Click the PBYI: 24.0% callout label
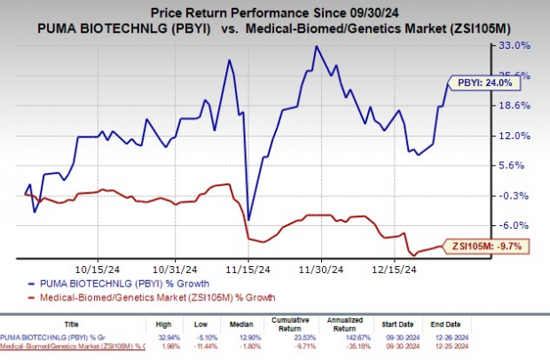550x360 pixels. click(479, 81)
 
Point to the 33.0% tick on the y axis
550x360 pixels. click(517, 44)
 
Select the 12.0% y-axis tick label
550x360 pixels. click(517, 135)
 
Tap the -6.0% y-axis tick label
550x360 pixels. click(517, 225)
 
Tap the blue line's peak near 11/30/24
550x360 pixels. click(315, 46)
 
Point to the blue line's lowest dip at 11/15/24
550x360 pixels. click(248, 219)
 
